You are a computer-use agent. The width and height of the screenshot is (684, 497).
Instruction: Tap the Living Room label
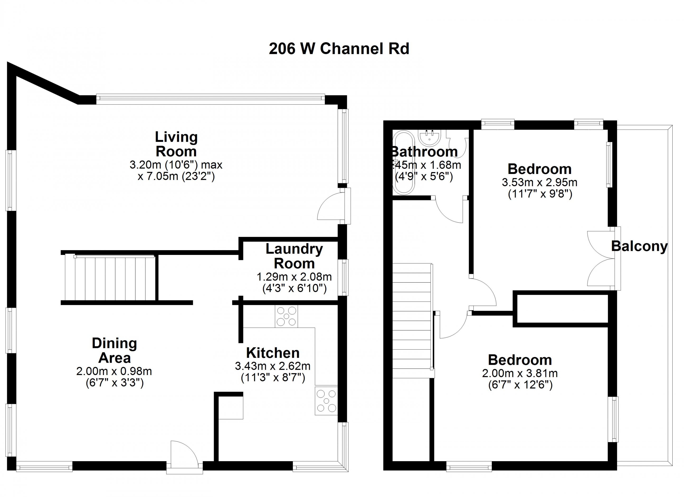pyautogui.click(x=176, y=144)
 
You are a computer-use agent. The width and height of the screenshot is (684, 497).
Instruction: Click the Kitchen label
pyautogui.click(x=273, y=353)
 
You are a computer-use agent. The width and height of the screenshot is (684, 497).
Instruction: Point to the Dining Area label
pyautogui.click(x=114, y=351)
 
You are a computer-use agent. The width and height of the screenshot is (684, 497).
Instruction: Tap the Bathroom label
pyautogui.click(x=425, y=152)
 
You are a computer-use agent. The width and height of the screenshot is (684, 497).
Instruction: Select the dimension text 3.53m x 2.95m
pyautogui.click(x=540, y=182)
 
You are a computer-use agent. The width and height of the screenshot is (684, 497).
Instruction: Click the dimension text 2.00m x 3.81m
pyautogui.click(x=520, y=373)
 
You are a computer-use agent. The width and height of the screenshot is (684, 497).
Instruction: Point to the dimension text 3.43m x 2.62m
pyautogui.click(x=273, y=366)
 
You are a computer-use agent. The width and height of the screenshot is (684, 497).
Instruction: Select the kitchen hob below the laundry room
pyautogui.click(x=286, y=316)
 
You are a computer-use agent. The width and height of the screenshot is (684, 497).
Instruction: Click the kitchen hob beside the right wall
pyautogui.click(x=326, y=401)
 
